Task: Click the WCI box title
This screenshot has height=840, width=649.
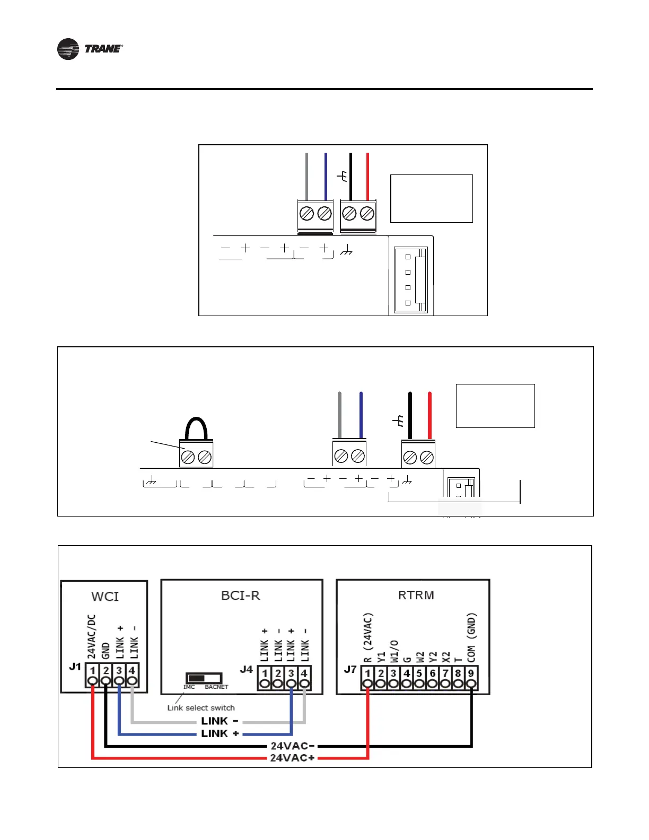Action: coord(105,597)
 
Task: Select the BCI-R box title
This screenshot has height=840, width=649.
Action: coord(241,596)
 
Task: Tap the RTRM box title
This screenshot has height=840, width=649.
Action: coord(416,595)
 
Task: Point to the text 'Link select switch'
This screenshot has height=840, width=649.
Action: coord(201,708)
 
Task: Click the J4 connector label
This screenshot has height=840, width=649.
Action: coord(247,669)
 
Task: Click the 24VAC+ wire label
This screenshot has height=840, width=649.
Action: coord(292,758)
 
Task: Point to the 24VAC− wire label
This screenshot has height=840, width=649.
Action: coord(293,746)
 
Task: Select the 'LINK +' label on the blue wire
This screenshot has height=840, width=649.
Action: coord(220,734)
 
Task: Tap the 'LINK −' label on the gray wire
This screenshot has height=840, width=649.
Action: coord(220,721)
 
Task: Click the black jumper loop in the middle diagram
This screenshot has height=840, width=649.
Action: coord(196,428)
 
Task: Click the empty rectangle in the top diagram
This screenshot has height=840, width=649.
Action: coord(431,198)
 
